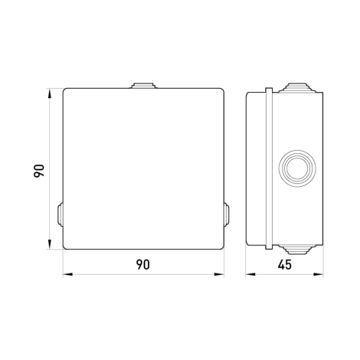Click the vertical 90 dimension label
[39, 171]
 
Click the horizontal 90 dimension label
[143, 265]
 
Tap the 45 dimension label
[285, 265]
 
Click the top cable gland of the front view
[143, 85]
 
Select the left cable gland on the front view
[60, 215]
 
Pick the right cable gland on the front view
[227, 215]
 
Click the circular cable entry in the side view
[297, 168]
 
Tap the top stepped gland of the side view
[297, 88]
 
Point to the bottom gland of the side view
[297, 249]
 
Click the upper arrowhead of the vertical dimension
[49, 93]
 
